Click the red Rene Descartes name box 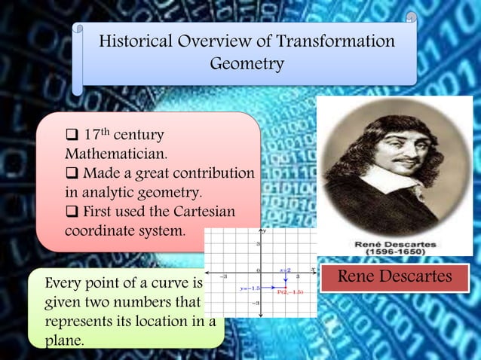click(x=395, y=277)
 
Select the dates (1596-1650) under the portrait click(x=395, y=255)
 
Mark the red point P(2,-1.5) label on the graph click(x=290, y=291)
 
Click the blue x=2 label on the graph click(x=286, y=269)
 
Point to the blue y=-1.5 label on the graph click(x=250, y=288)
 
